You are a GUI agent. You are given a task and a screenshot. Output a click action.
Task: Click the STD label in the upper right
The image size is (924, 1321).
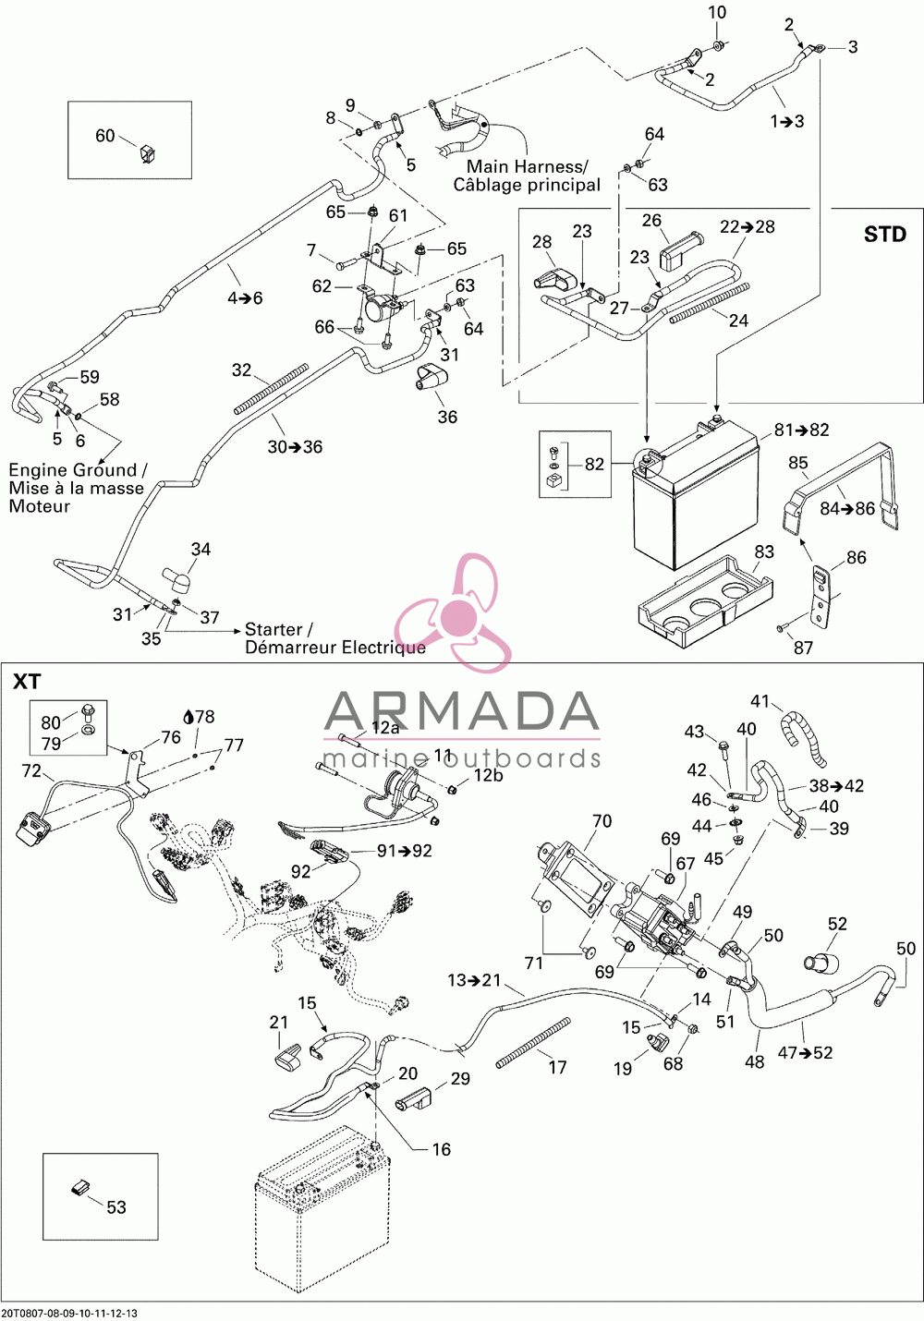click(x=884, y=235)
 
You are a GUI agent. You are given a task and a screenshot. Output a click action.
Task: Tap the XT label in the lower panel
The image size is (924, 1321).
click(x=27, y=682)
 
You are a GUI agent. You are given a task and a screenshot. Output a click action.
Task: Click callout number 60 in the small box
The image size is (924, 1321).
click(x=104, y=136)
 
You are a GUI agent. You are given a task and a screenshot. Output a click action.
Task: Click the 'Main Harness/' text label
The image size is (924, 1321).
click(x=528, y=167)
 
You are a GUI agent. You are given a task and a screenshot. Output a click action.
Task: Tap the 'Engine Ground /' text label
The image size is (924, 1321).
click(x=78, y=470)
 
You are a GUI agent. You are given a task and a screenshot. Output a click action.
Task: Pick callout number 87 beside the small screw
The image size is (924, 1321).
click(x=803, y=648)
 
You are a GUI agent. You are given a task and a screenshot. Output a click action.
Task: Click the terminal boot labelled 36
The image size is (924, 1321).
click(x=431, y=378)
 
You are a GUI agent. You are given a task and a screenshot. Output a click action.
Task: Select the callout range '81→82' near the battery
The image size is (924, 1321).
click(x=801, y=430)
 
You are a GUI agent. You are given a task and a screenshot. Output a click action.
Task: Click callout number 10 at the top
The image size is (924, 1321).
click(x=717, y=12)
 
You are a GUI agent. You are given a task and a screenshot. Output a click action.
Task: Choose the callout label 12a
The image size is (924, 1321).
click(x=384, y=728)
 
